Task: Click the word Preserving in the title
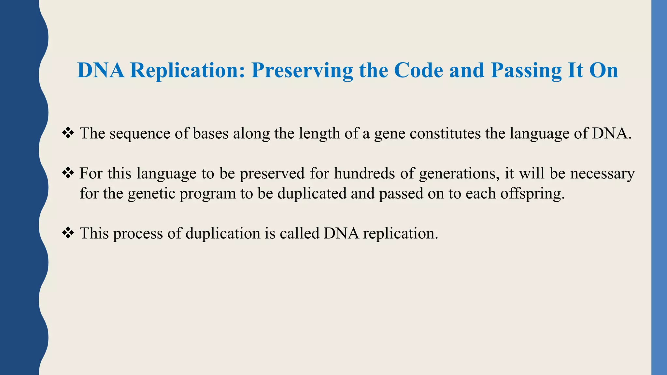click(302, 71)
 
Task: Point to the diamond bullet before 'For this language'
click(68, 173)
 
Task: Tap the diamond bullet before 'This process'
click(68, 233)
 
